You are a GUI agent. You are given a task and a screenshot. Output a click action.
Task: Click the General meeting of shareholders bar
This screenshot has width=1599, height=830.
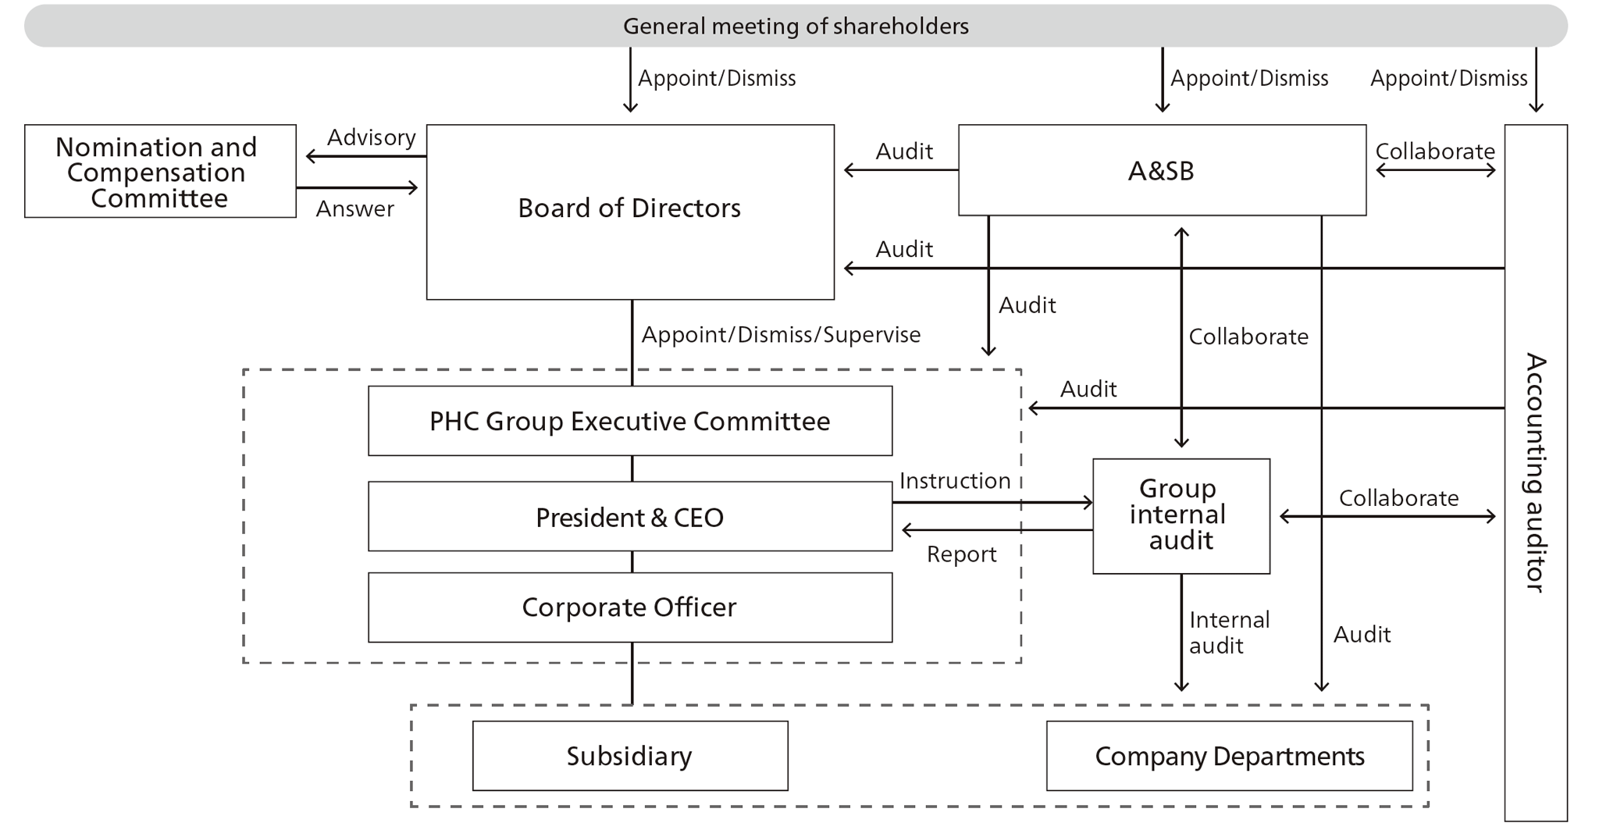coord(795,26)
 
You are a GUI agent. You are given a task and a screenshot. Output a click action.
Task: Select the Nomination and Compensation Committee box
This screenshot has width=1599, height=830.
coord(160,172)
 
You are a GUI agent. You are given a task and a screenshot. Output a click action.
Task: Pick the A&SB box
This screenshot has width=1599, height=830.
coord(1161,170)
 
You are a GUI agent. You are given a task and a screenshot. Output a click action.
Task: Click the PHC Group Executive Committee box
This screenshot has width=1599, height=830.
coord(629,421)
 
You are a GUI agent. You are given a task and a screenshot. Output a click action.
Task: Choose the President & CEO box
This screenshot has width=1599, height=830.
coord(629,517)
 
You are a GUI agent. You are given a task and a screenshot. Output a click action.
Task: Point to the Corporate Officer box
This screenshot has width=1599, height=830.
coord(629,607)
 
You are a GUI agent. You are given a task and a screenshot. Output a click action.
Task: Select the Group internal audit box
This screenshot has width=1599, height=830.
coord(1181,515)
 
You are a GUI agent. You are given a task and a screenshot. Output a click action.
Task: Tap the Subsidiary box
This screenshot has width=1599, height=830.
coord(629,756)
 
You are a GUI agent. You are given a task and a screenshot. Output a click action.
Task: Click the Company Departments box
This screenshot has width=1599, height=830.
coord(1229,756)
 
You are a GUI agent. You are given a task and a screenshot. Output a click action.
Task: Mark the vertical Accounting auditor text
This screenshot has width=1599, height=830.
coord(1536,472)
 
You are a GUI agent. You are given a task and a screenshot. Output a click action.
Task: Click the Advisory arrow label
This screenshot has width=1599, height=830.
coord(371,137)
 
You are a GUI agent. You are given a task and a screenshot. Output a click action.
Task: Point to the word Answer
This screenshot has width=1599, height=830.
coord(354,208)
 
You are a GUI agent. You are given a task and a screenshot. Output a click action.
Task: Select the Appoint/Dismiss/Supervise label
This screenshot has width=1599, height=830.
coord(781,335)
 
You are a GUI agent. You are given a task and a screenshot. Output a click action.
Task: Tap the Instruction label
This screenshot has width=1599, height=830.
coord(954,481)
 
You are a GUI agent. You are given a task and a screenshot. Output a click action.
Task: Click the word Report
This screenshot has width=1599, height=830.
coord(961,554)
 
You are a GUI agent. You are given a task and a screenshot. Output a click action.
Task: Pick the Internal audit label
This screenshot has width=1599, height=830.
coord(1228,632)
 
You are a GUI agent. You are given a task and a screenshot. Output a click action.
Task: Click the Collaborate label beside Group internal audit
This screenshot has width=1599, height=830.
coord(1398,498)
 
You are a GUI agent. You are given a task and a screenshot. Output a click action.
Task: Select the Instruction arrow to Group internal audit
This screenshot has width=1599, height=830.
coord(992,503)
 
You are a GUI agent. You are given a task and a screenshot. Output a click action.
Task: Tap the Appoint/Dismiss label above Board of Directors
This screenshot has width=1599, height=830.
coord(717,78)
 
